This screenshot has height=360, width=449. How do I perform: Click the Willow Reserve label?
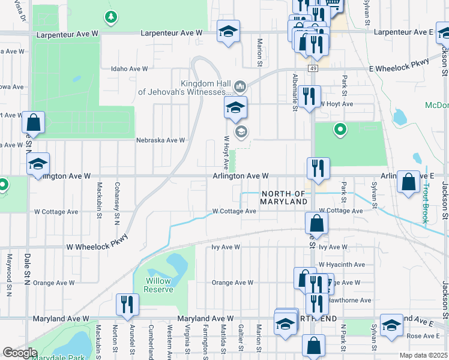(x=158, y=285)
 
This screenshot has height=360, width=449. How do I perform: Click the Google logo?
(x=20, y=352)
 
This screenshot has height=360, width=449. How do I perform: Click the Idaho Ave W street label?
(x=129, y=69)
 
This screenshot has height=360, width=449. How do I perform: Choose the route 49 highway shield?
(x=313, y=69)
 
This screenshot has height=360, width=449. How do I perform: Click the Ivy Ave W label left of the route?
(x=225, y=247)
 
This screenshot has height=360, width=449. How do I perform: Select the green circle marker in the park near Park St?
(x=340, y=128)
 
